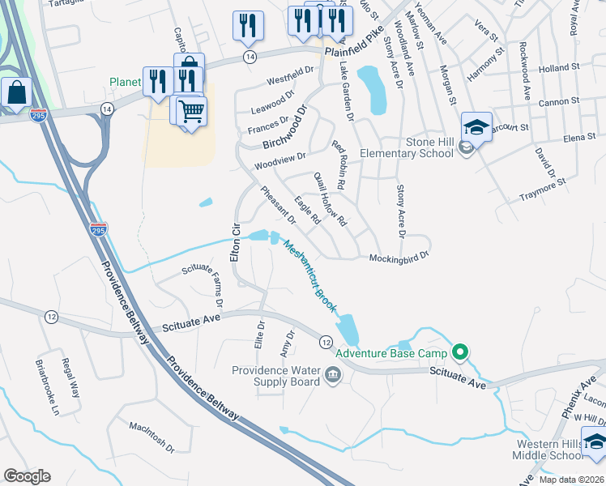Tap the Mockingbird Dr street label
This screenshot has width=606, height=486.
point(398,258)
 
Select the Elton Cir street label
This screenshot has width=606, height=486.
point(236,241)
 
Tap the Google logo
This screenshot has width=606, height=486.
point(27,476)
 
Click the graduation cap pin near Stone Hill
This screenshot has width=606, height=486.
point(477,126)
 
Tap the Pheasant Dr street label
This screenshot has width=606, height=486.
point(279,205)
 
